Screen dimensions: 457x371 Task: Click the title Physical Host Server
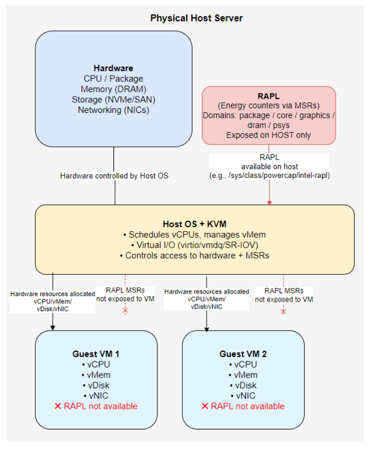pyautogui.click(x=196, y=18)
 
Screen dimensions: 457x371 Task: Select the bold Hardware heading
pyautogui.click(x=113, y=68)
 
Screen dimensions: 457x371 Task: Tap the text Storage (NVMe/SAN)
pyautogui.click(x=113, y=99)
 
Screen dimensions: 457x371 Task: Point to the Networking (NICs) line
pyautogui.click(x=113, y=110)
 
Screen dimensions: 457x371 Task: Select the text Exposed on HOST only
pyautogui.click(x=269, y=135)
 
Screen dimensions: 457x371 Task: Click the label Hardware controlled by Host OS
pyautogui.click(x=114, y=175)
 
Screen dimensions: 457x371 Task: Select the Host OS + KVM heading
pyautogui.click(x=194, y=224)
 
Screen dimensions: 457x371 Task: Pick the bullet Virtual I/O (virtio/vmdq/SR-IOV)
pyautogui.click(x=194, y=245)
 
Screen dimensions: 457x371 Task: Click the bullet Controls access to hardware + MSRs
pyautogui.click(x=194, y=255)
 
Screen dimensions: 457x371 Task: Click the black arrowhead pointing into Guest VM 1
pyautogui.click(x=52, y=327)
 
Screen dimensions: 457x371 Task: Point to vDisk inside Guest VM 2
pyautogui.click(x=243, y=385)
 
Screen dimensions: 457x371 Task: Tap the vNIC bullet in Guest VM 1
pyautogui.click(x=96, y=395)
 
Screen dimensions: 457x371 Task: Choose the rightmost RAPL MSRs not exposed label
pyautogui.click(x=284, y=295)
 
